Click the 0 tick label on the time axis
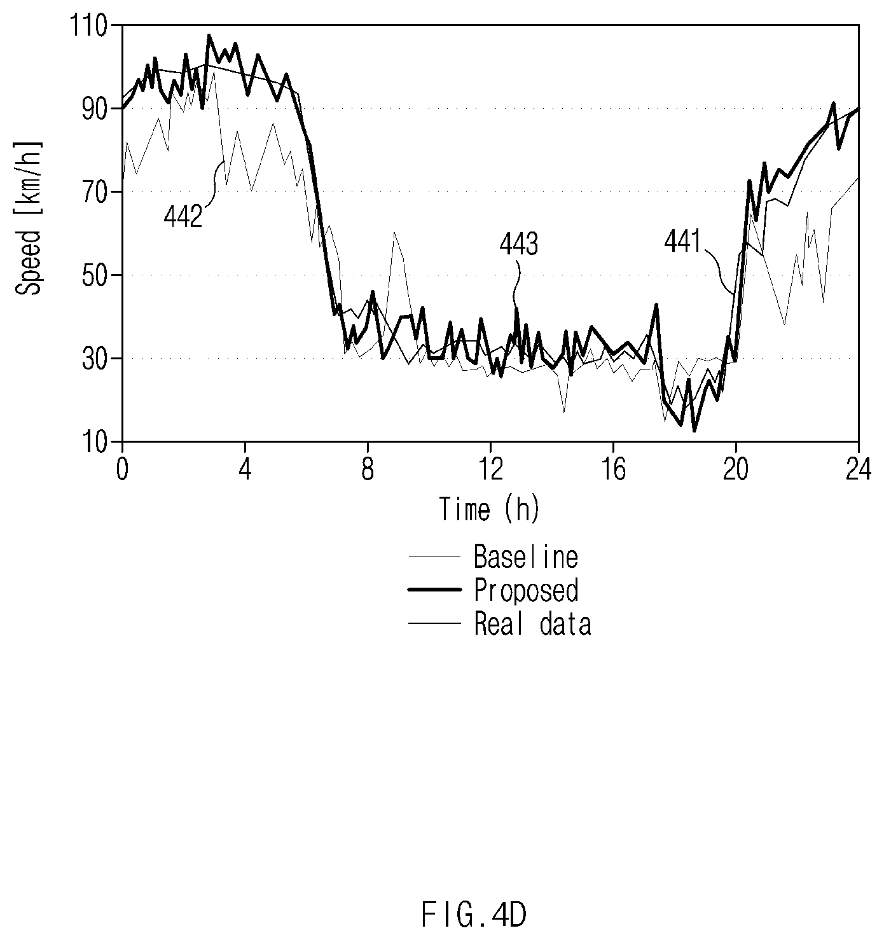(x=123, y=471)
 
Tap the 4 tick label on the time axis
(x=245, y=471)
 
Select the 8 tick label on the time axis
(x=368, y=471)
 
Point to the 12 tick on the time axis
(x=490, y=471)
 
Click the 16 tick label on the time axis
(x=613, y=471)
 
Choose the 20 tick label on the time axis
(x=736, y=471)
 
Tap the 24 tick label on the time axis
(x=859, y=471)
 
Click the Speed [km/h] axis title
(x=29, y=218)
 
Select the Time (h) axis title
(x=490, y=509)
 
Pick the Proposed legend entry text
(x=526, y=591)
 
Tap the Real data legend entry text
(x=533, y=624)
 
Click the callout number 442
(x=183, y=218)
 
